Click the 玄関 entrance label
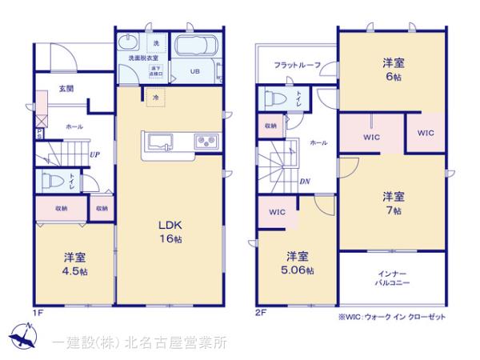[x=66, y=89]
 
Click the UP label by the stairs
[x=94, y=154]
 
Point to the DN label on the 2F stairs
[x=305, y=182]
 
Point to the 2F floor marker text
[x=260, y=312]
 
